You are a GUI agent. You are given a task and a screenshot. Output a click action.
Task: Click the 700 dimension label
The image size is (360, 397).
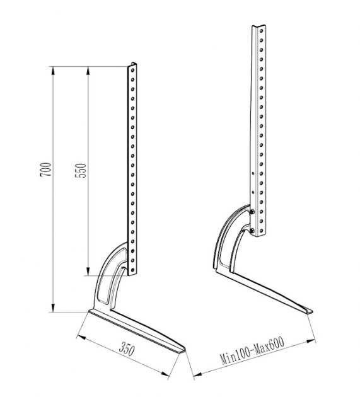tap(46, 170)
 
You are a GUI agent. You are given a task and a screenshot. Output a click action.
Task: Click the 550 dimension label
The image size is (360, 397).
tap(81, 170)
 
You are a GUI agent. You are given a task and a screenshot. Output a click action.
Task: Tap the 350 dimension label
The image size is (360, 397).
tap(127, 349)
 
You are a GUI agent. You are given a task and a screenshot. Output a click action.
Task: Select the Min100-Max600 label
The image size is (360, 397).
tap(253, 350)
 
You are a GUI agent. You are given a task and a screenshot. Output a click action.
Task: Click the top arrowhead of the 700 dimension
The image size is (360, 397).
tap(53, 71)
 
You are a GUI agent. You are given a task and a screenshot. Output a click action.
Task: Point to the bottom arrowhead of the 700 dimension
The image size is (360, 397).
tap(53, 308)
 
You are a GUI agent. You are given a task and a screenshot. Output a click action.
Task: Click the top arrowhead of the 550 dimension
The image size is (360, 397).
tap(88, 71)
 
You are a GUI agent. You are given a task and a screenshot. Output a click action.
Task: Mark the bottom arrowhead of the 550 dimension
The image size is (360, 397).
tap(88, 271)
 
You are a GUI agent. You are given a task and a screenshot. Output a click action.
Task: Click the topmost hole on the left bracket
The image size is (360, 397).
tap(132, 69)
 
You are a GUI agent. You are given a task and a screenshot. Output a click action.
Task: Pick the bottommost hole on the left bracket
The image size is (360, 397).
tap(132, 270)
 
